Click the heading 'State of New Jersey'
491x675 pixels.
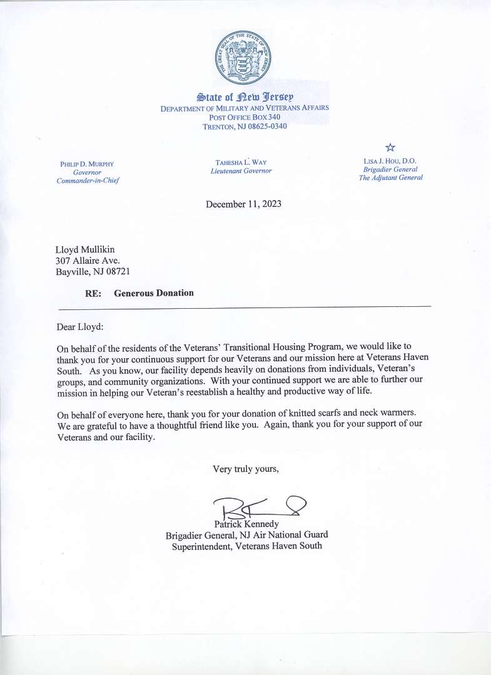[x=245, y=97]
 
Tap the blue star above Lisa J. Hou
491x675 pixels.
[x=390, y=147]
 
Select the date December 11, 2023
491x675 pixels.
[x=243, y=204]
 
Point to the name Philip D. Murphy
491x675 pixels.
[x=87, y=164]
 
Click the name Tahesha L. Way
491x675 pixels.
[x=241, y=162]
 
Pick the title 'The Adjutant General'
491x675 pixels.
[x=390, y=177]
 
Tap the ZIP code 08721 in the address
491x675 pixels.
[x=116, y=271]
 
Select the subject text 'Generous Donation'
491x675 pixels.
[x=154, y=292]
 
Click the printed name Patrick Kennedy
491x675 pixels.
[x=246, y=524]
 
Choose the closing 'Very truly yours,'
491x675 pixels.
[x=246, y=469]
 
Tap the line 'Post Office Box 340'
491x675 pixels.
[x=245, y=117]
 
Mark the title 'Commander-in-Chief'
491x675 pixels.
[x=88, y=181]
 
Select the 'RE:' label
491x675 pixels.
[x=93, y=293]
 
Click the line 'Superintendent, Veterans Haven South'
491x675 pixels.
[x=247, y=546]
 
